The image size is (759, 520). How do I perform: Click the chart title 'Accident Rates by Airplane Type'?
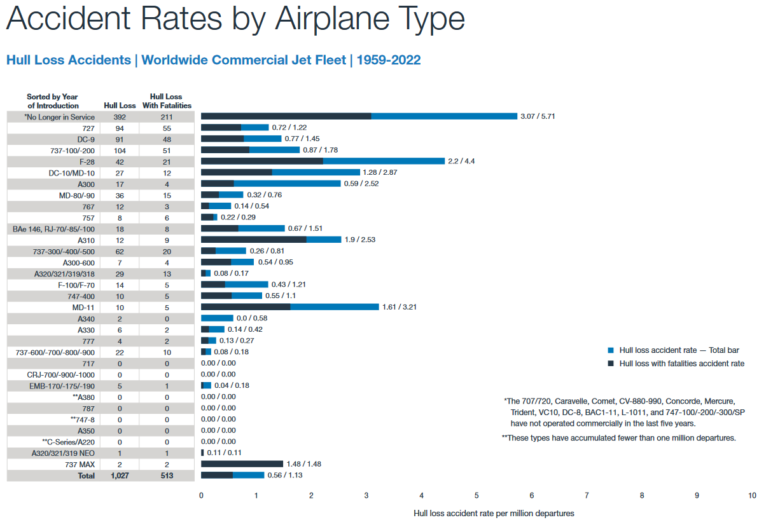tap(235, 20)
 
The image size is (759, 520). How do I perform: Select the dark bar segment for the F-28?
tap(261, 161)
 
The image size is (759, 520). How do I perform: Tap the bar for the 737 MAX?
tap(242, 464)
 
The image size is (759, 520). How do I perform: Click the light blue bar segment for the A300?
tap(287, 184)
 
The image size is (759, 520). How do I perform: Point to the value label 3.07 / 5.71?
tap(538, 116)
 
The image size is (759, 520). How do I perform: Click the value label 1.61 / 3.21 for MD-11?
tap(400, 307)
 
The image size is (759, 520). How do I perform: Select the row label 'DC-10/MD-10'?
tap(71, 172)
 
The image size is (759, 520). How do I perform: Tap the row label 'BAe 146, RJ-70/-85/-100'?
tap(54, 228)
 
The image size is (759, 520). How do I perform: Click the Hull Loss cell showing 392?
tap(120, 117)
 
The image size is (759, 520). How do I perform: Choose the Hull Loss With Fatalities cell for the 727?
tap(167, 128)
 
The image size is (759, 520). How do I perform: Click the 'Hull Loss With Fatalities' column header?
tap(167, 101)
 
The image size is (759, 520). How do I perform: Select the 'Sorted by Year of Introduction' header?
tap(53, 101)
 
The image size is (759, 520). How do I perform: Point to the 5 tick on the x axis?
tap(477, 495)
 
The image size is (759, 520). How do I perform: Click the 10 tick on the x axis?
tap(751, 495)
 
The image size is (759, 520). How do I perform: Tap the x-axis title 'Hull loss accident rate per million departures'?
tap(494, 513)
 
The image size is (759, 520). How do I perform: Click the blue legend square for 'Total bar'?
tap(611, 350)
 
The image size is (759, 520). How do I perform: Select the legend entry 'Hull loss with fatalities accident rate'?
tap(681, 364)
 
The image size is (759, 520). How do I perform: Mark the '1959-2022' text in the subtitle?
tap(388, 60)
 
